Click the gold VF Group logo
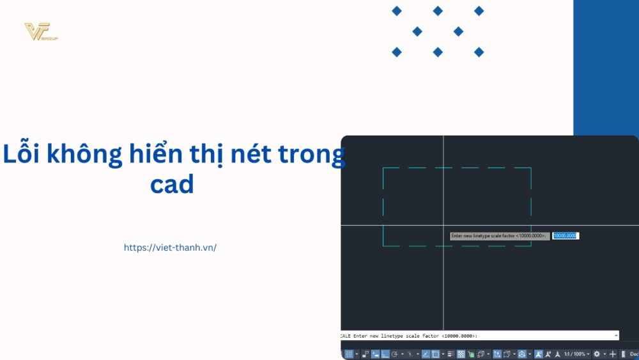coord(40,32)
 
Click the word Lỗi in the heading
coord(24,155)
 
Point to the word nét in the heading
coord(252,155)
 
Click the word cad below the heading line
coord(172,185)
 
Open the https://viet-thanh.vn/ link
coord(170,247)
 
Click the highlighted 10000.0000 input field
coord(565,236)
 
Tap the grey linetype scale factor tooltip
coord(499,236)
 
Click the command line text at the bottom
coord(409,336)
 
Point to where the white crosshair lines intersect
coord(443,225)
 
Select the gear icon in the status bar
coord(597,354)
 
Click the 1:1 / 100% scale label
coord(574,354)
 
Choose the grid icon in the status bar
coord(349,354)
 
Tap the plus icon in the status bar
coord(613,354)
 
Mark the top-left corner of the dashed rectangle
coord(383,168)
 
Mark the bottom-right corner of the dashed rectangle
coord(531,246)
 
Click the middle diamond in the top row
coord(438,11)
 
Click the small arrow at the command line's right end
coord(616,335)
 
